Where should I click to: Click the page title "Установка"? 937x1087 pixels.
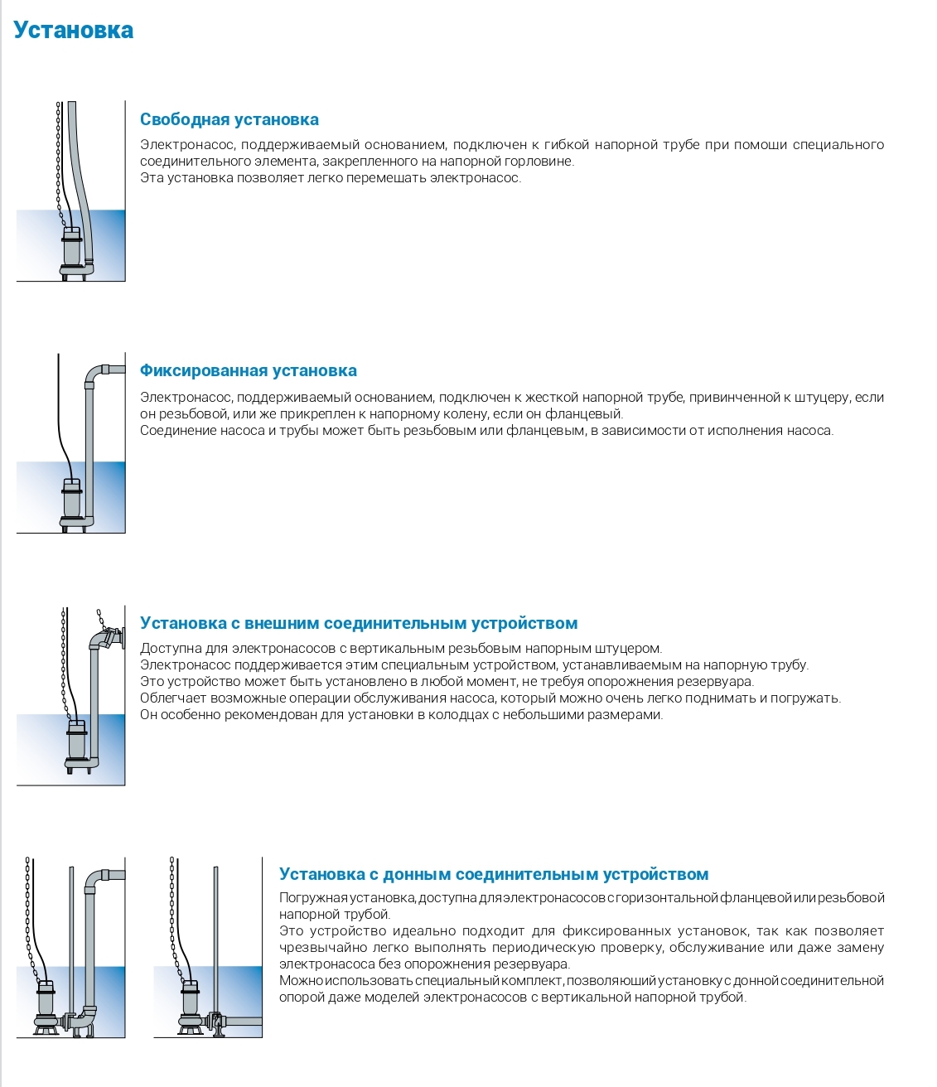point(73,31)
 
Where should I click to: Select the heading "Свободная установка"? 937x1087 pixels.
point(229,119)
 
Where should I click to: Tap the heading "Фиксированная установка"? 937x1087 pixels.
point(248,370)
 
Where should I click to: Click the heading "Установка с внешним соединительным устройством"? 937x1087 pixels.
point(358,623)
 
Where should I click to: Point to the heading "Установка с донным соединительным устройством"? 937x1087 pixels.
point(494,874)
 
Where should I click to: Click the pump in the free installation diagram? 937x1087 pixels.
point(73,249)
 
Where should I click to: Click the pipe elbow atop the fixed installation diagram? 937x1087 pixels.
point(95,373)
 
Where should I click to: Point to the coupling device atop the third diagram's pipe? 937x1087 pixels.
point(109,639)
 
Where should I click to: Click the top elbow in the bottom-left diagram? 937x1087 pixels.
point(96,878)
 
